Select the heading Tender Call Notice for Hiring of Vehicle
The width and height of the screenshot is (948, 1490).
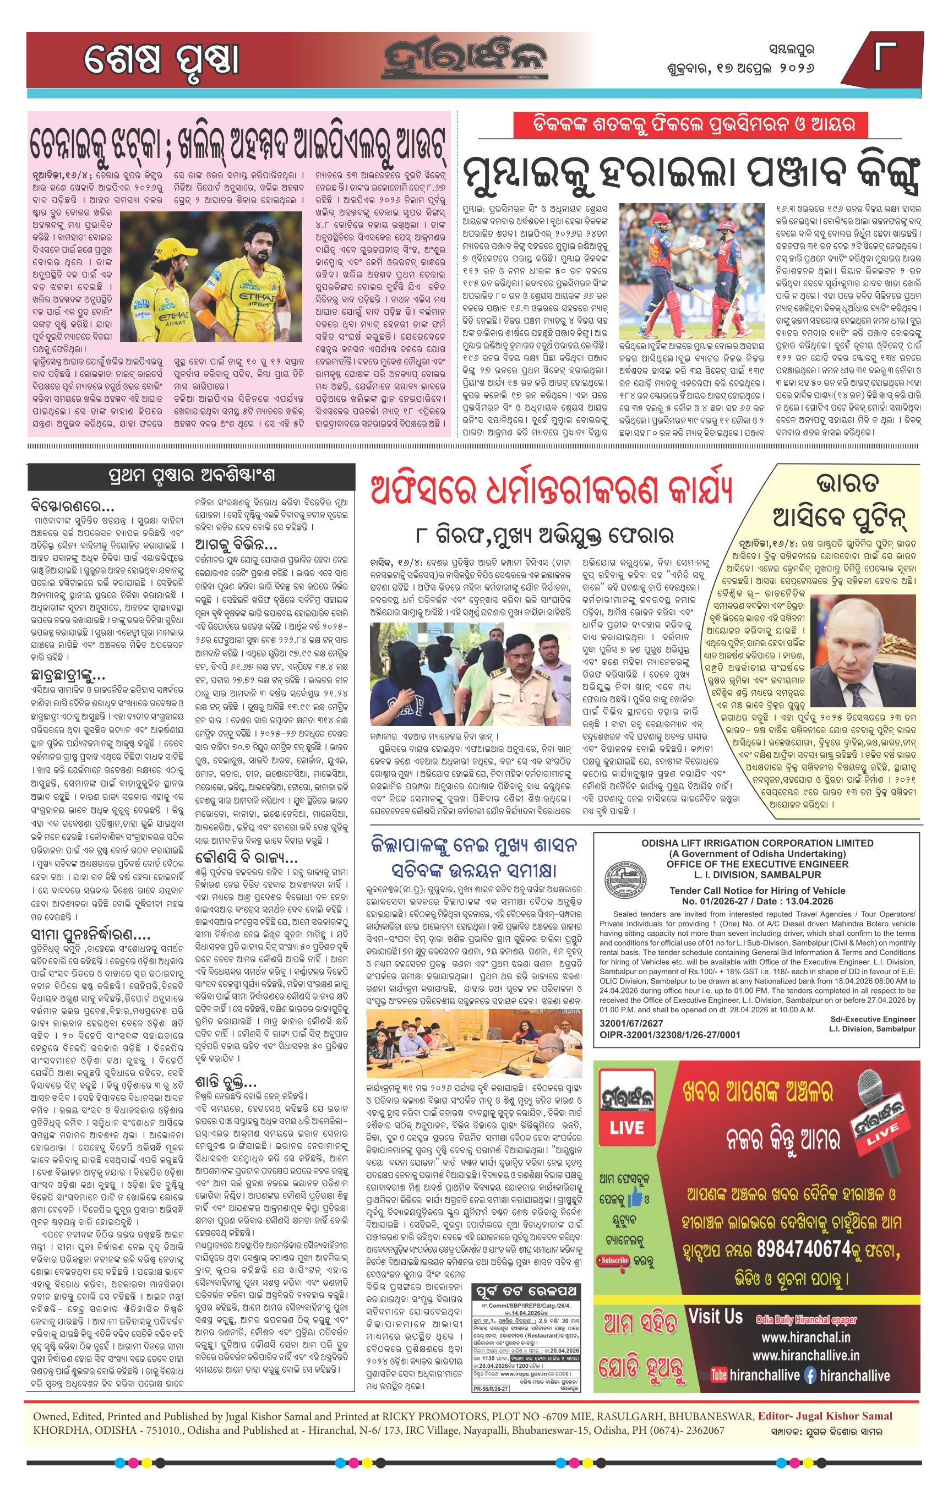(758, 891)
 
